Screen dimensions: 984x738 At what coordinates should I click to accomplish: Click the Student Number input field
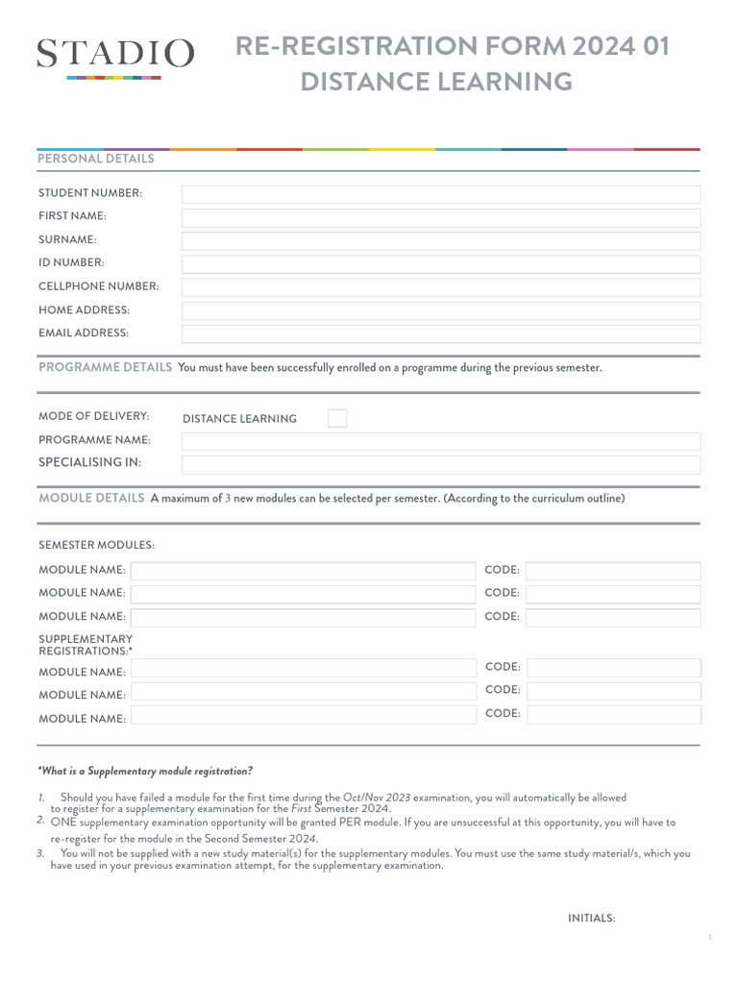pos(441,194)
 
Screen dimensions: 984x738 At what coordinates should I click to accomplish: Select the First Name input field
pos(441,217)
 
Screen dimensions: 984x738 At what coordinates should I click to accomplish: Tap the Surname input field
pos(441,240)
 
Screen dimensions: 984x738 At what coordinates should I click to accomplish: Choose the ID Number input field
pos(441,263)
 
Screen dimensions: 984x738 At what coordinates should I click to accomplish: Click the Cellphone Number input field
pos(441,287)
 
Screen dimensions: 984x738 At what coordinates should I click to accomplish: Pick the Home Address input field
pos(441,310)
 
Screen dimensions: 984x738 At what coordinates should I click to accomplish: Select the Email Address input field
pos(441,333)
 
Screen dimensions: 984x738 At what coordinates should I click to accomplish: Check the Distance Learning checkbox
pos(337,418)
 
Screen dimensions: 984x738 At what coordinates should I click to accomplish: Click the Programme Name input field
pos(441,441)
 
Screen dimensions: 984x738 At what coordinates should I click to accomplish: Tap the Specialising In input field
pos(441,464)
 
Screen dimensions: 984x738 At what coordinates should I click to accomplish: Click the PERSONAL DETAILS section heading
pos(96,160)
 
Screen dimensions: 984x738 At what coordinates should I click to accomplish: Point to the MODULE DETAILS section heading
pos(91,498)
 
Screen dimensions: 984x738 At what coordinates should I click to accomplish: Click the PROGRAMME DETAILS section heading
pos(105,368)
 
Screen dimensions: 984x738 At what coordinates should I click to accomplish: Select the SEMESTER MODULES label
pos(96,545)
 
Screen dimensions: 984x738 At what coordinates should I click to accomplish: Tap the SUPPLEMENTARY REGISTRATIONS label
pos(86,645)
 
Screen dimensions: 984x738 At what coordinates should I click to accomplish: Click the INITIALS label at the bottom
pos(591,919)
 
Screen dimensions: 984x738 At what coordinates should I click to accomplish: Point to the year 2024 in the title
pos(601,46)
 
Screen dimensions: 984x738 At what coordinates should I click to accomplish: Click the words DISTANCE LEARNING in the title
pos(436,83)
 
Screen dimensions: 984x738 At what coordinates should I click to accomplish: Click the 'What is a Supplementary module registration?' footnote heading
pos(145,772)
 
